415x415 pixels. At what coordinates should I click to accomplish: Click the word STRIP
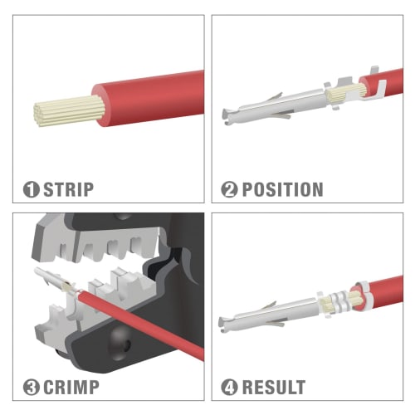pyautogui.click(x=68, y=189)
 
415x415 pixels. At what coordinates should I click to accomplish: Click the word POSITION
pyautogui.click(x=282, y=189)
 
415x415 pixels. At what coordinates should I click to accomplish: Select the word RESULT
pyautogui.click(x=273, y=387)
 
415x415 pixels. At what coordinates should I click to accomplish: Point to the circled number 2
pyautogui.click(x=229, y=189)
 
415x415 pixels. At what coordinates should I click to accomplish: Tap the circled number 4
pyautogui.click(x=229, y=387)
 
